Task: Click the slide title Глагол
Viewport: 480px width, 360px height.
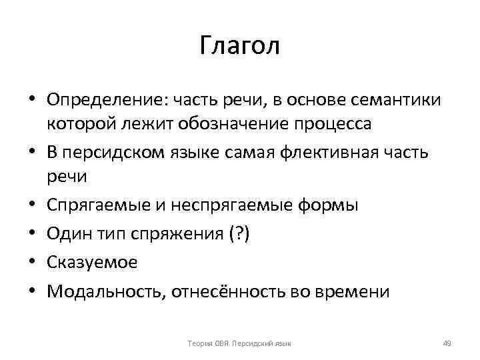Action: (240, 46)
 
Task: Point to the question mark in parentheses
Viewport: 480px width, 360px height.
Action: (238, 234)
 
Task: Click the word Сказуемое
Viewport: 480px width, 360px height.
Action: (92, 262)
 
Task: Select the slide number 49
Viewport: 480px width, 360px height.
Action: (447, 343)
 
